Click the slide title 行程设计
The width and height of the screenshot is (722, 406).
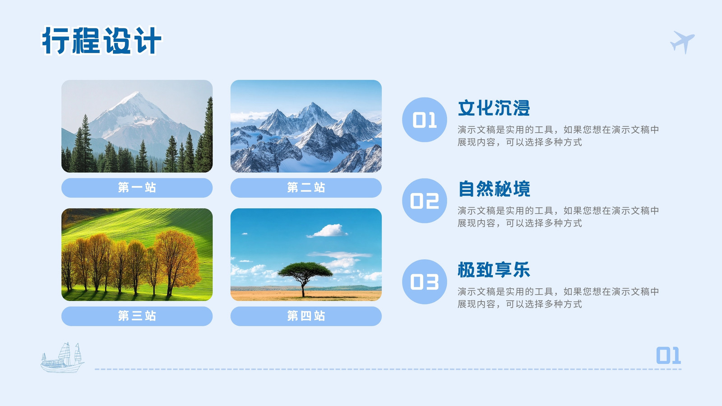102,41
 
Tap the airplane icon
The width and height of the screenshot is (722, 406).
683,42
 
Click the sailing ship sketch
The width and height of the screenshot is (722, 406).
62,357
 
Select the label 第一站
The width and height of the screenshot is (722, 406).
137,188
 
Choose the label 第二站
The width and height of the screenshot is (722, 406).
306,188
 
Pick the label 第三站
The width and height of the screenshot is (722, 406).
137,316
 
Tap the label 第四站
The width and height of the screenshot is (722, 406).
306,316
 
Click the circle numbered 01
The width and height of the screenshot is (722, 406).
425,120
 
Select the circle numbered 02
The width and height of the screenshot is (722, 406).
425,201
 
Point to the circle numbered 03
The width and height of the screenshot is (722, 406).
425,282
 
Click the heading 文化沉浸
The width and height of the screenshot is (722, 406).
494,108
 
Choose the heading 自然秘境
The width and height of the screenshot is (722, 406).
494,189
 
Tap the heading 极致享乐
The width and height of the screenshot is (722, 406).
494,270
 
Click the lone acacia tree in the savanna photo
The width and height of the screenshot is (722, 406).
304,277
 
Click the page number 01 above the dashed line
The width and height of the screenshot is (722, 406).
668,356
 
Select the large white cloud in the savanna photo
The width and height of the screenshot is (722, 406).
328,231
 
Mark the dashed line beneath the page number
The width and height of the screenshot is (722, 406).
388,369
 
